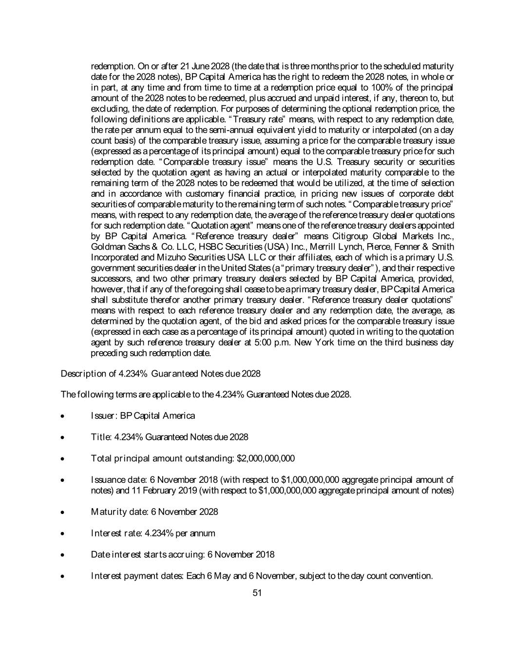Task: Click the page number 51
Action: pyautogui.click(x=257, y=593)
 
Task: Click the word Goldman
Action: pyautogui.click(x=105, y=247)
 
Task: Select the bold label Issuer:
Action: pyautogui.click(x=101, y=416)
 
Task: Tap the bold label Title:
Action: pyautogui.click(x=101, y=437)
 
